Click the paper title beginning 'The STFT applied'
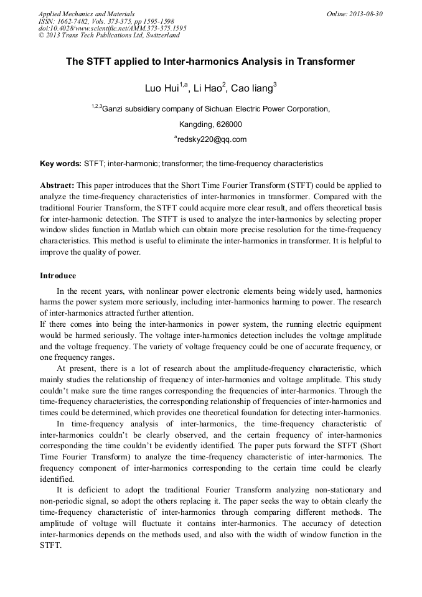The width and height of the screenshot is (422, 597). pos(210,62)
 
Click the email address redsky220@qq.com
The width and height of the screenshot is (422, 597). pos(212,139)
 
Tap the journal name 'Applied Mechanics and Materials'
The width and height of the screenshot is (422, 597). pos(87,14)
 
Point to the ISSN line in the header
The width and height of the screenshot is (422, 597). pos(106,21)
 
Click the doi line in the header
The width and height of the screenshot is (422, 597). pos(112,28)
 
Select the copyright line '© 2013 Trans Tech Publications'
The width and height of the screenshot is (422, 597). pos(109,35)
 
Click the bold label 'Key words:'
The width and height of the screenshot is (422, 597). pos(60,164)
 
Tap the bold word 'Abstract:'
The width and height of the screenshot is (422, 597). pos(57,186)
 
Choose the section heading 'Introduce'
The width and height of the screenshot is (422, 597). pos(58,275)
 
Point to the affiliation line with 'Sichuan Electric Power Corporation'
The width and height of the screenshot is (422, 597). pos(210,108)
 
